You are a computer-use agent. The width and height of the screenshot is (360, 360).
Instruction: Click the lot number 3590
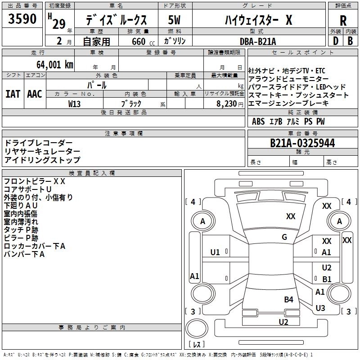[22, 19]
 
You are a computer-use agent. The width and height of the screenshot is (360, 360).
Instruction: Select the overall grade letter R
[343, 21]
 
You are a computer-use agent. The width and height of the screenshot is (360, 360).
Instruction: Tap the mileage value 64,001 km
[54, 65]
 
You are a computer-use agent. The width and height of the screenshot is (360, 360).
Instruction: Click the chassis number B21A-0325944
[302, 143]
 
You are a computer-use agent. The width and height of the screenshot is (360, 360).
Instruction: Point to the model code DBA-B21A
[258, 41]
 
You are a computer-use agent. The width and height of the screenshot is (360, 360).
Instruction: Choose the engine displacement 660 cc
[143, 41]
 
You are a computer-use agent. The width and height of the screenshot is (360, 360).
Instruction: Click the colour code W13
[74, 104]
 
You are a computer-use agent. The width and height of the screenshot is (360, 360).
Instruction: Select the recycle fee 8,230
[227, 104]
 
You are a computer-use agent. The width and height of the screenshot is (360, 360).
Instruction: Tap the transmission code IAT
[13, 94]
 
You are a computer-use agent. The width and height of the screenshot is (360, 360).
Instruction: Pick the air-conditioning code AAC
[35, 94]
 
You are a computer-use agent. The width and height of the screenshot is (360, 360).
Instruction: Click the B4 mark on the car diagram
[288, 299]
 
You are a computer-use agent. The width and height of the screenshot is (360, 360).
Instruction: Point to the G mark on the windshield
[284, 237]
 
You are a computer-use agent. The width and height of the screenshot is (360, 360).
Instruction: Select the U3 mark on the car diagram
[320, 308]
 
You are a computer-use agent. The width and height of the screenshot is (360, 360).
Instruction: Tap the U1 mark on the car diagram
[215, 252]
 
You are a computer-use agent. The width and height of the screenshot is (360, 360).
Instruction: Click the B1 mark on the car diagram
[327, 279]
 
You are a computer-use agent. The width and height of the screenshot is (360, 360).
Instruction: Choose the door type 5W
[174, 20]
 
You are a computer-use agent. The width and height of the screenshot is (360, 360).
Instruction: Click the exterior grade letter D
[336, 41]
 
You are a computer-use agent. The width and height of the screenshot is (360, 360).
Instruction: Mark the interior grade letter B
[350, 41]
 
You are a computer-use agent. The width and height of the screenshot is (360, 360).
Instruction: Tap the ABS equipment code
[258, 121]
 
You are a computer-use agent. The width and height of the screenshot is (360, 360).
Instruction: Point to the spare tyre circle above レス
[197, 328]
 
